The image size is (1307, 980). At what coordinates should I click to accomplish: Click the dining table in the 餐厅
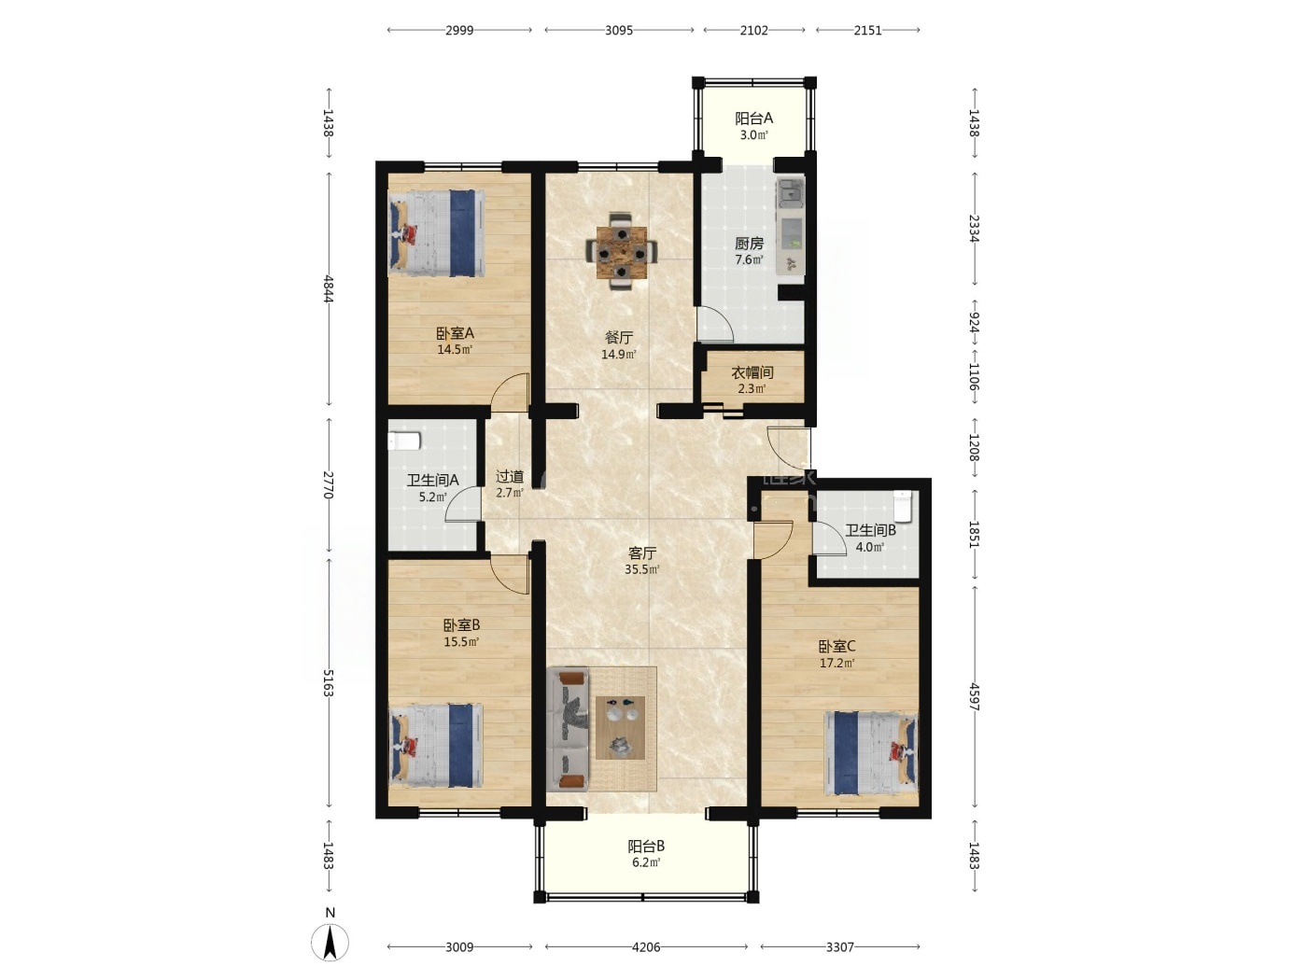(622, 252)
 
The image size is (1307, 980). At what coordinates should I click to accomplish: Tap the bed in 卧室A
(436, 232)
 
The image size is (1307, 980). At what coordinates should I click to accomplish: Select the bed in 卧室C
(870, 753)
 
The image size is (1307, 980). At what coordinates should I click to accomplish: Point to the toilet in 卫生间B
(903, 505)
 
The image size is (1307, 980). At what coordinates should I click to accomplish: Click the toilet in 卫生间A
(405, 441)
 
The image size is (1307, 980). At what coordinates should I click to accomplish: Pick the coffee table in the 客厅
(620, 727)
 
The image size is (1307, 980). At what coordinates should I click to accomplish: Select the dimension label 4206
(645, 946)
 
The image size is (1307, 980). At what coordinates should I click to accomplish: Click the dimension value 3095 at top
(619, 31)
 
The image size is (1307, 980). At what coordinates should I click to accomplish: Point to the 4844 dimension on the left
(328, 289)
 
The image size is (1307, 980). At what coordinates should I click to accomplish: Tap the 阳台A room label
(753, 119)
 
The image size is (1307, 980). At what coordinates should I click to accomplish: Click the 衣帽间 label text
(752, 373)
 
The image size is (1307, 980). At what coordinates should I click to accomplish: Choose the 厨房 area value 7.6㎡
(749, 260)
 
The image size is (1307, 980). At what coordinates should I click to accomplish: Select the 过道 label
(510, 477)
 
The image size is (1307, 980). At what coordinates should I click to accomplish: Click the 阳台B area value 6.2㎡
(645, 862)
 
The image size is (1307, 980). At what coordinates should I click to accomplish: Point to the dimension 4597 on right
(975, 697)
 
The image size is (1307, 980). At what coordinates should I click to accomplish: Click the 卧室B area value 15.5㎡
(461, 642)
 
